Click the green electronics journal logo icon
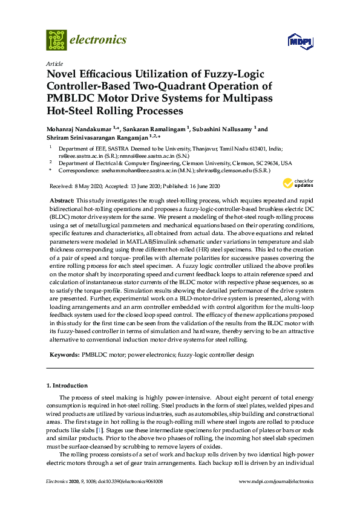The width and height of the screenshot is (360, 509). pos(56,40)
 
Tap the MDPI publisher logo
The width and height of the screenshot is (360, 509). pos(297,41)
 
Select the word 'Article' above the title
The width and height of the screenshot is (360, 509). pos(53,63)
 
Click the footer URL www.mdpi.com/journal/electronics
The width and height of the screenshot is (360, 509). pos(277,481)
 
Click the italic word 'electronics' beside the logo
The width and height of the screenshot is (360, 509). pos(99,40)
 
